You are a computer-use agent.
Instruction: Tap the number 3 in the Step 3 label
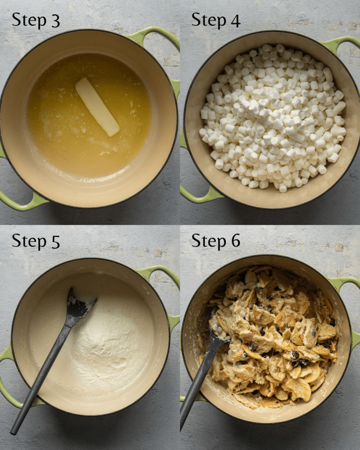(x=55, y=21)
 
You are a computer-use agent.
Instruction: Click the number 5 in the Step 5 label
(x=55, y=242)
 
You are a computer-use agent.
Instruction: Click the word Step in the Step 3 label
(x=28, y=21)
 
